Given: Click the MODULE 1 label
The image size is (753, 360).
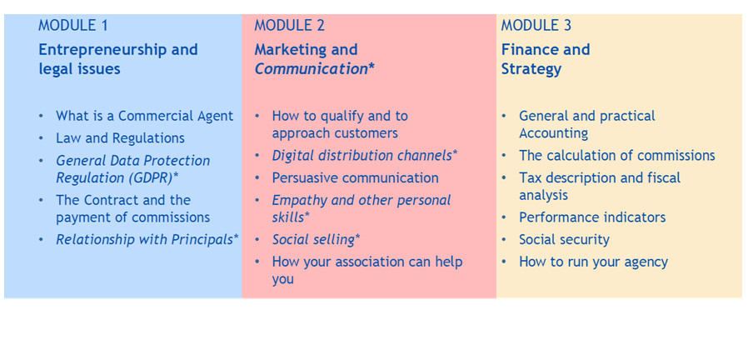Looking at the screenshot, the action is pyautogui.click(x=73, y=26).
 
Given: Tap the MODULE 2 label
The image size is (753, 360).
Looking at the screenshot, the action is pyautogui.click(x=290, y=26).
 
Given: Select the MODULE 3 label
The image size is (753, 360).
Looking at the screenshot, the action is pyautogui.click(x=536, y=26).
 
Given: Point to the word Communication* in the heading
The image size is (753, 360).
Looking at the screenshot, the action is pyautogui.click(x=315, y=69).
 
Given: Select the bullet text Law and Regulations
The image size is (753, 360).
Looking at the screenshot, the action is pyautogui.click(x=120, y=138).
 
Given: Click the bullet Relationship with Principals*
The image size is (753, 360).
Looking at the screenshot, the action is pyautogui.click(x=147, y=240).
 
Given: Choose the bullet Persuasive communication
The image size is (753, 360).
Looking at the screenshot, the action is pyautogui.click(x=356, y=178).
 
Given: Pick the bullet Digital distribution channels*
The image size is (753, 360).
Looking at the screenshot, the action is pyautogui.click(x=365, y=156).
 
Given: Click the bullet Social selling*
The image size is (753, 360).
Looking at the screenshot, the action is pyautogui.click(x=316, y=240).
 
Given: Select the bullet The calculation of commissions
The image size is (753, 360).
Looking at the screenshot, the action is pyautogui.click(x=617, y=156).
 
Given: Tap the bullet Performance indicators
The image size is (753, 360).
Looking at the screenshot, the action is pyautogui.click(x=592, y=217).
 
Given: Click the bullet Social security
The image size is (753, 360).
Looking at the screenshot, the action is pyautogui.click(x=564, y=240).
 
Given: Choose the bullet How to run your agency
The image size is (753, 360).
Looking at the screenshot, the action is pyautogui.click(x=594, y=262).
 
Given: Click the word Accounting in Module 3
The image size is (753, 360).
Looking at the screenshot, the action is pyautogui.click(x=554, y=133).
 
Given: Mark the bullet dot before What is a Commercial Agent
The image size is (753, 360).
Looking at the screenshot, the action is pyautogui.click(x=41, y=117).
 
